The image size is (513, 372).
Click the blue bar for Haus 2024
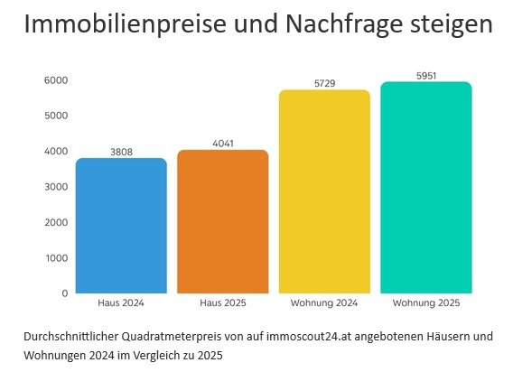coord(121,226)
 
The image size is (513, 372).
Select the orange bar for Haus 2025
coord(223,221)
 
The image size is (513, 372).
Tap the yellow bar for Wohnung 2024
coord(324,191)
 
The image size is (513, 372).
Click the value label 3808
coord(121,153)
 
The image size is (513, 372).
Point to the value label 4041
coord(223,144)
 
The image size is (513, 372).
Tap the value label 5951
coord(426,76)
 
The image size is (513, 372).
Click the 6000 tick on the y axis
coord(56,80)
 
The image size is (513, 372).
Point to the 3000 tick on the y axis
coord(56,187)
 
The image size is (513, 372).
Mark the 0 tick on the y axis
coord(64,293)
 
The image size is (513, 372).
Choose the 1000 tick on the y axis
coord(56,258)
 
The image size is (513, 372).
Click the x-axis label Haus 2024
coord(121,302)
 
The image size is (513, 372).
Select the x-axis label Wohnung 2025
coord(426,302)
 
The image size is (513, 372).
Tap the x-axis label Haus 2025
coord(223,302)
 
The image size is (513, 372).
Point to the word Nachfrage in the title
coord(335,24)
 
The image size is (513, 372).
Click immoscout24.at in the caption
coord(308,337)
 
